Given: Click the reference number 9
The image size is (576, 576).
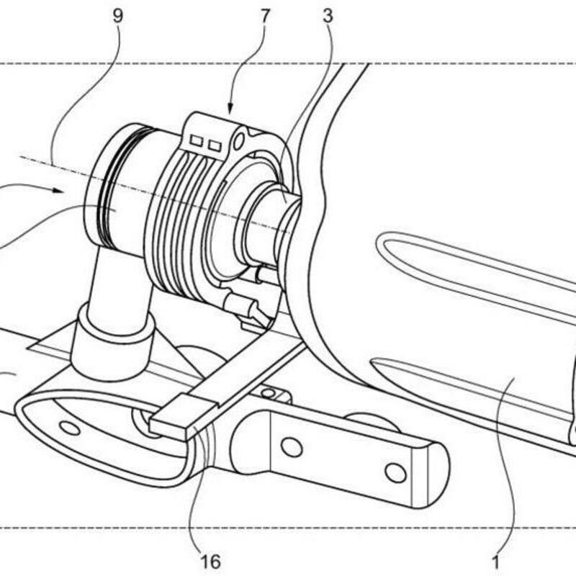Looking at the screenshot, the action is (x=117, y=16).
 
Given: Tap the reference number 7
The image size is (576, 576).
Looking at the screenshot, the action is (x=264, y=16).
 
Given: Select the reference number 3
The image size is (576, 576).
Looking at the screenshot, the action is (x=328, y=16).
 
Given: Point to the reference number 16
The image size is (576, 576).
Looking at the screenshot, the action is (x=211, y=562).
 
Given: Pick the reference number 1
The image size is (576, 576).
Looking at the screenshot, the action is (x=495, y=562).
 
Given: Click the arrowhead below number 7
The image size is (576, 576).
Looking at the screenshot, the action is (x=230, y=108).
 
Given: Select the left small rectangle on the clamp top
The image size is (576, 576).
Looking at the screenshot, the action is (x=197, y=140).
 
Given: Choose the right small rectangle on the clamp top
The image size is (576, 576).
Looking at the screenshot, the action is (x=215, y=146).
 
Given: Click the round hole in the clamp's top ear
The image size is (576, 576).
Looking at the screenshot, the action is (x=239, y=140).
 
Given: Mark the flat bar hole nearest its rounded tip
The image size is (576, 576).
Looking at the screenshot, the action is (x=395, y=473).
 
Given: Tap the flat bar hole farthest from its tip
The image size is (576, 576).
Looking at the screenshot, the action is (x=292, y=446).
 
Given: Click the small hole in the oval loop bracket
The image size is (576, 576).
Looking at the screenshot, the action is (x=69, y=428).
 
